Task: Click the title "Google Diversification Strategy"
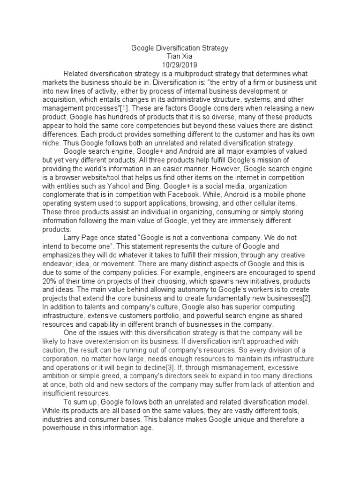[x=180, y=48]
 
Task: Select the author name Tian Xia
[x=180, y=56]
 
